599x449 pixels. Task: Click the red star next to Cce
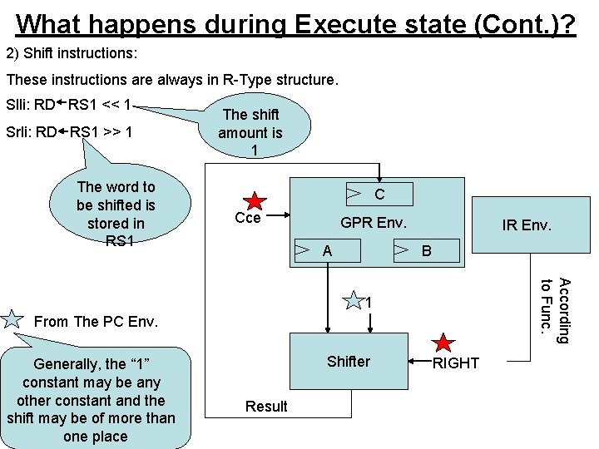(255, 201)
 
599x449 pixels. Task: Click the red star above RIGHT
(444, 343)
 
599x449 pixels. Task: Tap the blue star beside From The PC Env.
(13, 318)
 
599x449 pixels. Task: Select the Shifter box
(349, 361)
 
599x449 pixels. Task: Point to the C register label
(379, 195)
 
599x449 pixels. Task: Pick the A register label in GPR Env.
(327, 250)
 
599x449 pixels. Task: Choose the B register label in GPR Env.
(427, 250)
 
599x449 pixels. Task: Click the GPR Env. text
(374, 223)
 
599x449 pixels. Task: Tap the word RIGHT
(456, 363)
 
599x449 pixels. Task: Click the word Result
(266, 406)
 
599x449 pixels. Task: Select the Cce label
(248, 219)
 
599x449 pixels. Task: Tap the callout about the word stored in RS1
(116, 214)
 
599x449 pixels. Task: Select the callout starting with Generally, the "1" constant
(92, 400)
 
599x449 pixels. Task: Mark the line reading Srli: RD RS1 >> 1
(70, 132)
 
